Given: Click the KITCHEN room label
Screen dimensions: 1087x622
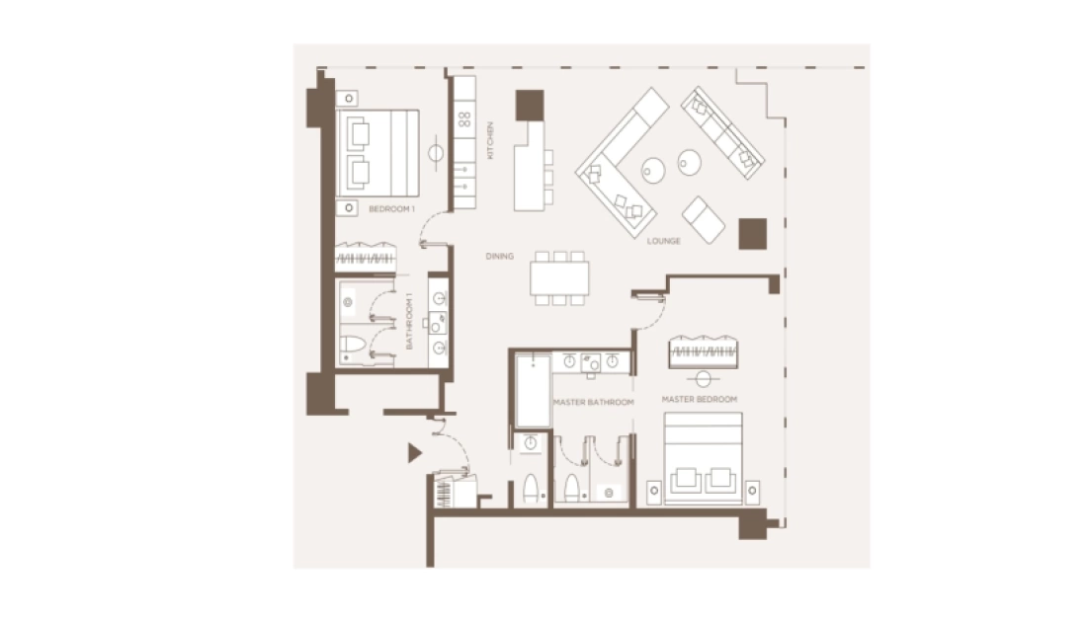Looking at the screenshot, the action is (490, 140).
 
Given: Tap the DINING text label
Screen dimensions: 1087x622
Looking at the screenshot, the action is (500, 257).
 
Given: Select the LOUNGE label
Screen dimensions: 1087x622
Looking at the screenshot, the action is (663, 241).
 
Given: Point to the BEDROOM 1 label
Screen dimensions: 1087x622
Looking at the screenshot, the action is (391, 208).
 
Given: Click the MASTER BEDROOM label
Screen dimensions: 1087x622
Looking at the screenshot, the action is (700, 399).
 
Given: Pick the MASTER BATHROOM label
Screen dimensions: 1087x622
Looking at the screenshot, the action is (594, 403).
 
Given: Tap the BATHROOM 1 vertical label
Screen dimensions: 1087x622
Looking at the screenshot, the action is (409, 321).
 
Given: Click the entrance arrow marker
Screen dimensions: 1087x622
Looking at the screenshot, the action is (415, 453).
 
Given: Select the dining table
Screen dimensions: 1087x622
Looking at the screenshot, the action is (559, 278).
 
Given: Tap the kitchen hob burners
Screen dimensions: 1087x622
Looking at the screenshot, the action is (464, 119).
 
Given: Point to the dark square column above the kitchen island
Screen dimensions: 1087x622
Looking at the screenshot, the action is (530, 105).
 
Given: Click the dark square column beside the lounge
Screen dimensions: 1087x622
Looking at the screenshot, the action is (752, 233).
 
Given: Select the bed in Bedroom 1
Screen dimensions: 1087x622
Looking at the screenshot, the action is (377, 153).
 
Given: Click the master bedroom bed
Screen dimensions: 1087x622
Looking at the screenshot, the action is (703, 458).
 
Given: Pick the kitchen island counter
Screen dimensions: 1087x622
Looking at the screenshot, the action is (530, 166).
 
